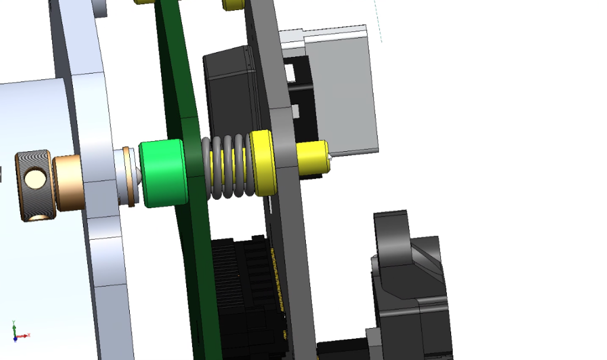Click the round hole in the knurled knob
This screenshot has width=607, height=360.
[34, 177]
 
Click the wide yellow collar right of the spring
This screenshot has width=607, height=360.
[263, 163]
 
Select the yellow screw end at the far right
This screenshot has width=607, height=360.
[312, 157]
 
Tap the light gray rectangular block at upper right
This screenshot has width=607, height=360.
[344, 89]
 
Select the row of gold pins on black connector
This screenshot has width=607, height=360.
[276, 285]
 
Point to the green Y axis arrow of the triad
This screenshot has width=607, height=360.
[14, 327]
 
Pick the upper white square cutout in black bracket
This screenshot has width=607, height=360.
[289, 72]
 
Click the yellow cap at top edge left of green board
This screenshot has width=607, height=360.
[145, 2]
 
